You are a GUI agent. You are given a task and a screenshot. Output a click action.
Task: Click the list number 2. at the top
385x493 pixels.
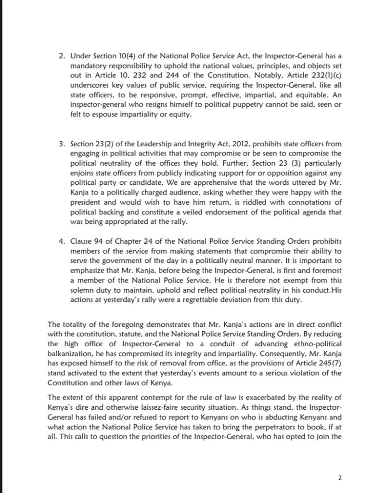[61, 57]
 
